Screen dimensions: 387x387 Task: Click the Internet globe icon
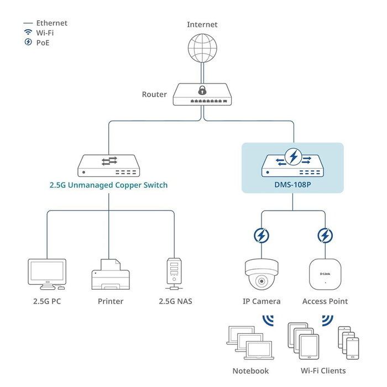coord(202,48)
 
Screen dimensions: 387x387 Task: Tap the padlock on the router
coord(202,90)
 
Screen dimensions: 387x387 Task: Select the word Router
coord(154,95)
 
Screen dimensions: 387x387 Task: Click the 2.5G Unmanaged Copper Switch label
coord(108,185)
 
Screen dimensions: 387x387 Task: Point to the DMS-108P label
coord(293,185)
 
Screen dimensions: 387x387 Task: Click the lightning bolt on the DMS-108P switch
coord(293,158)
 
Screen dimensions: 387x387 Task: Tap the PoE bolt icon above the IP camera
coord(262,236)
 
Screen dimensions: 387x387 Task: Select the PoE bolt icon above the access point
coord(325,236)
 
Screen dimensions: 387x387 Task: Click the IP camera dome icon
coord(262,274)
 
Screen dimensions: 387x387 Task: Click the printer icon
coord(110,275)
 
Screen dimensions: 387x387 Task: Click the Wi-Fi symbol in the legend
coord(28,33)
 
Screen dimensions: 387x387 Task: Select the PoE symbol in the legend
coord(28,42)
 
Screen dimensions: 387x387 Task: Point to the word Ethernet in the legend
coord(52,23)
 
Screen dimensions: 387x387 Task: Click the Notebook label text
coord(250,371)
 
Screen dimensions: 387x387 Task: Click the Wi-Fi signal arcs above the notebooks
coord(268,321)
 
